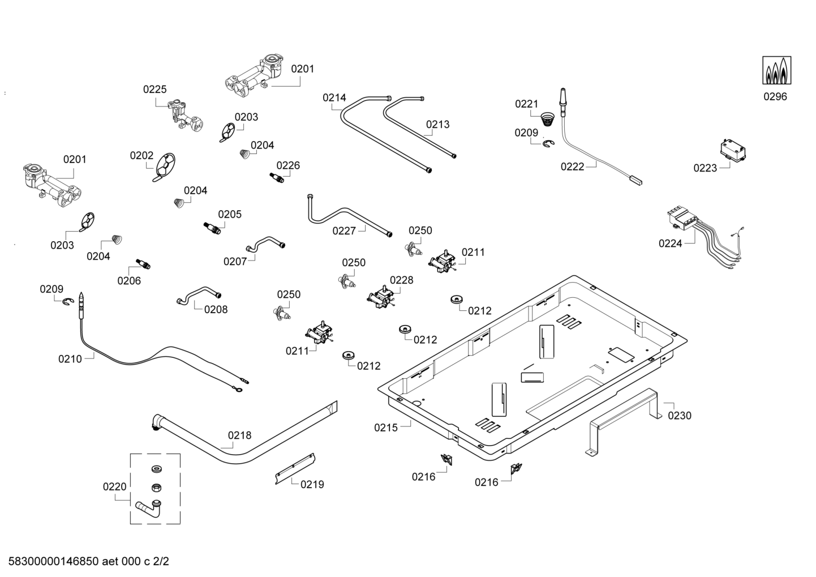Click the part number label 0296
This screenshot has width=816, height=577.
pyautogui.click(x=775, y=96)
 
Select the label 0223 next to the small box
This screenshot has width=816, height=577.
pyautogui.click(x=705, y=168)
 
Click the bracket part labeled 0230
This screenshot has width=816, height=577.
pyautogui.click(x=625, y=419)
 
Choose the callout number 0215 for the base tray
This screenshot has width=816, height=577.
pyautogui.click(x=386, y=428)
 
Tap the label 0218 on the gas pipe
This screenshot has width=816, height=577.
pyautogui.click(x=239, y=435)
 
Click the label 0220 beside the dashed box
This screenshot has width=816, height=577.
pyautogui.click(x=114, y=486)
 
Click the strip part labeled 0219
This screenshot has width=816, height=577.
pyautogui.click(x=295, y=468)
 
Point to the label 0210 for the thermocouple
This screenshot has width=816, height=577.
pyautogui.click(x=70, y=358)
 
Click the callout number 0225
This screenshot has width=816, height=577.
pyautogui.click(x=154, y=89)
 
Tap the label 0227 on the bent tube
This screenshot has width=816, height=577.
pyautogui.click(x=344, y=230)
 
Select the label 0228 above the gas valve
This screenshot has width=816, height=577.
pyautogui.click(x=401, y=280)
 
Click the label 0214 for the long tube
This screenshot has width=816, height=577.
pyautogui.click(x=334, y=97)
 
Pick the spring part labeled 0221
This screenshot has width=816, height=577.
pyautogui.click(x=547, y=119)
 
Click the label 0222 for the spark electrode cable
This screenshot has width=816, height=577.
pyautogui.click(x=572, y=166)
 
